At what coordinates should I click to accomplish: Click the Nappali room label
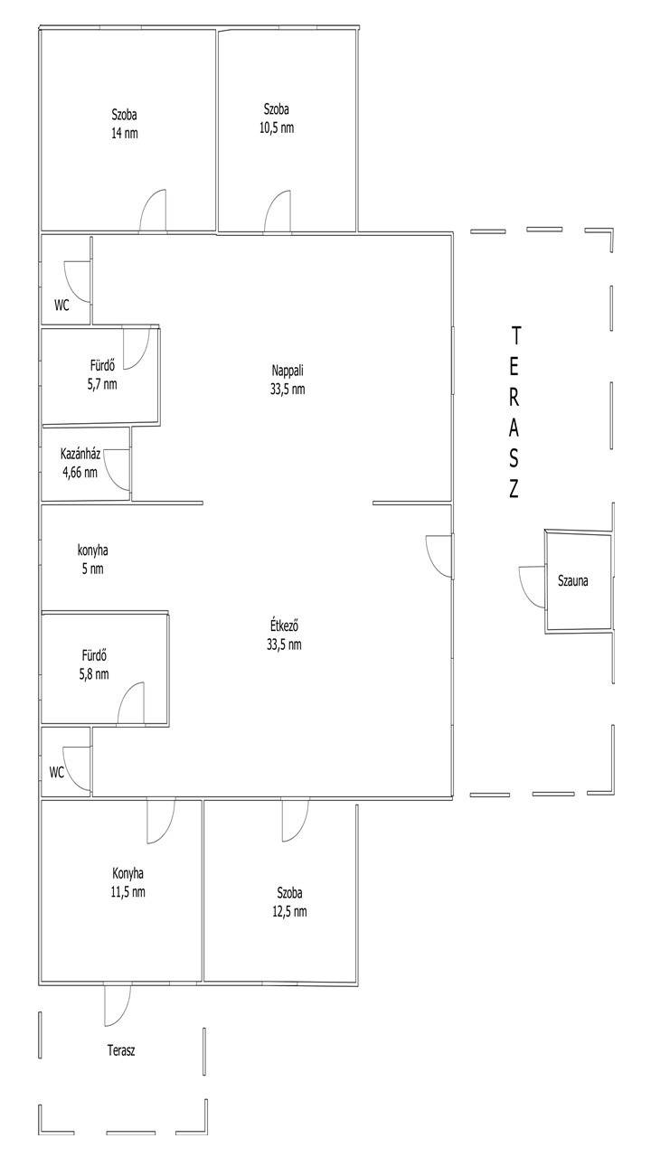288,371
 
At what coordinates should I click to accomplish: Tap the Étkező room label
284,626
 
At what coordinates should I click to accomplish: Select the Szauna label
572,580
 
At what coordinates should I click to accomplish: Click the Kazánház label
80,454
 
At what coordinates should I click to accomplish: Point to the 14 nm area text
125,133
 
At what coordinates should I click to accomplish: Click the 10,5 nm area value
277,127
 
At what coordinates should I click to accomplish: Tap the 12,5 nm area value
289,911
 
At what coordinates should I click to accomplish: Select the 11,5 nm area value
127,891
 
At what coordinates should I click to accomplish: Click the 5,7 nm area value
102,384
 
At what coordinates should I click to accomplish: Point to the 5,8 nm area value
94,674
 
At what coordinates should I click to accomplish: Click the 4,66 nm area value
80,472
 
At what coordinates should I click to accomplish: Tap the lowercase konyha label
92,550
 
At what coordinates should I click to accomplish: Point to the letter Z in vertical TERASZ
514,489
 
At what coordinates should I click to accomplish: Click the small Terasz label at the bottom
121,1050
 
